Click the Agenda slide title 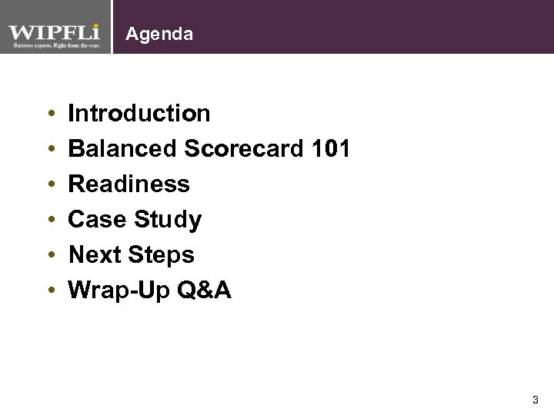(x=159, y=35)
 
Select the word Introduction (x=139, y=114)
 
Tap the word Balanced (x=123, y=149)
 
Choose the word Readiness (x=128, y=184)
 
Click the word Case (x=98, y=220)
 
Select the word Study (x=168, y=221)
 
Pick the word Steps (x=163, y=256)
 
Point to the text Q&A (x=204, y=290)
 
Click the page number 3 (x=535, y=400)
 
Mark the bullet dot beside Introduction (x=50, y=115)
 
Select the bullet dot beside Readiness (x=50, y=185)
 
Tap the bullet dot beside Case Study (x=50, y=221)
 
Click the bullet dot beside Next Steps (x=50, y=256)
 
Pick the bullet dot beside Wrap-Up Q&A (x=50, y=291)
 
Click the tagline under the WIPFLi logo (x=54, y=45)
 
